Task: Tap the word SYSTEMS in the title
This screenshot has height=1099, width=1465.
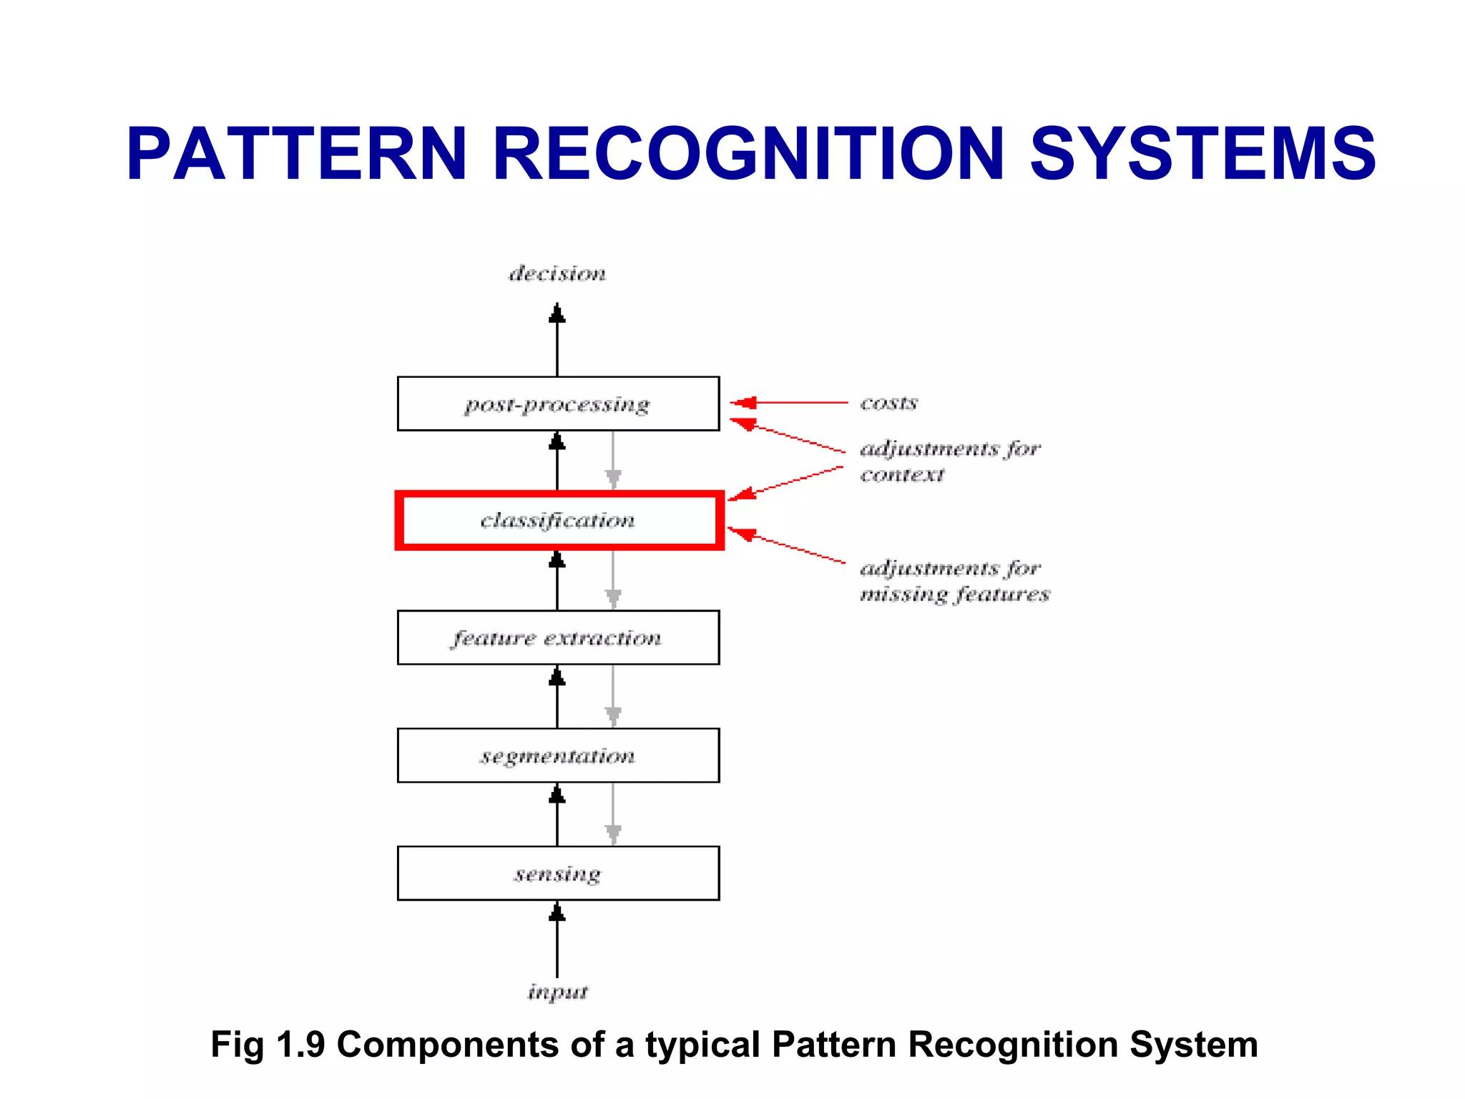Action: click(1202, 154)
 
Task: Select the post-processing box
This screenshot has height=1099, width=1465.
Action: click(558, 404)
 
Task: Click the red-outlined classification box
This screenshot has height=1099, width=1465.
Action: click(558, 521)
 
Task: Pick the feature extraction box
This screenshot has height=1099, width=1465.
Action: click(558, 638)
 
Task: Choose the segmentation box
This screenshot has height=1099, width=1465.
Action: click(558, 756)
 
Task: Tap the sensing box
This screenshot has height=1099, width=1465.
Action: click(558, 874)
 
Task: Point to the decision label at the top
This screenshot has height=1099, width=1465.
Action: click(557, 273)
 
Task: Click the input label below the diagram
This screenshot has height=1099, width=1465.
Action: click(557, 992)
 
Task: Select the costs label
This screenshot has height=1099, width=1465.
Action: click(888, 403)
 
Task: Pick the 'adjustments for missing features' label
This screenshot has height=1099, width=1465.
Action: click(954, 581)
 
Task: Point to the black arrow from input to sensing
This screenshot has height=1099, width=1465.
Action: click(557, 941)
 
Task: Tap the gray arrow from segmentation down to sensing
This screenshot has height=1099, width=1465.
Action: click(613, 814)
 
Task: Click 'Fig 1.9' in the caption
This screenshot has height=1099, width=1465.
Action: click(268, 1045)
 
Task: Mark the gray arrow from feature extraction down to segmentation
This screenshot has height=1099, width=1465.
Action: click(613, 695)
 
